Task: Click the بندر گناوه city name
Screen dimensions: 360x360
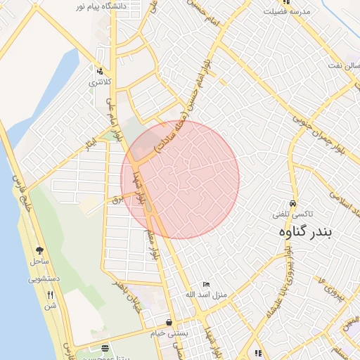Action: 308,231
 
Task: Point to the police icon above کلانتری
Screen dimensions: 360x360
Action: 99,71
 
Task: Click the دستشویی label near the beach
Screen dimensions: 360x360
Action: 44,278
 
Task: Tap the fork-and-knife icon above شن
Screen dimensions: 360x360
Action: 50,295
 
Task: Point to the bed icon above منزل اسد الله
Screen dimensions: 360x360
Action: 205,284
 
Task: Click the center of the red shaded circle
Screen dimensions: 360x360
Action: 180,179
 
